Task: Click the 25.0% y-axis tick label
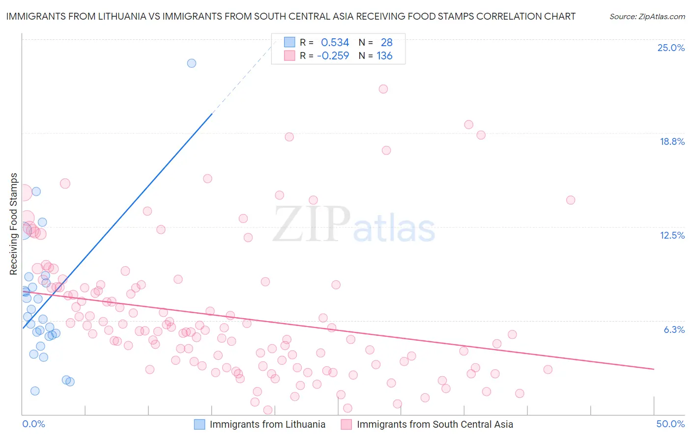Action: (x=671, y=48)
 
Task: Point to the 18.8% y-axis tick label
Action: (x=672, y=141)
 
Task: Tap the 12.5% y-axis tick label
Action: (x=672, y=235)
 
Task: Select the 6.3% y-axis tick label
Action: (x=674, y=329)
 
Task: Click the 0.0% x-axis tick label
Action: (x=33, y=424)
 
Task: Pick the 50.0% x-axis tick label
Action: (x=670, y=424)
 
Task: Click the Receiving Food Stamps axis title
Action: (x=14, y=224)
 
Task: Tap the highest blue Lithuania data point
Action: (x=192, y=63)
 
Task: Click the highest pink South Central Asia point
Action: (x=383, y=89)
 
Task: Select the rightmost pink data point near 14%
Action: (x=571, y=200)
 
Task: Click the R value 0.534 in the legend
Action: (x=335, y=43)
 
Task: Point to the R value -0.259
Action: (x=333, y=56)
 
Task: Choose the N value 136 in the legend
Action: (x=384, y=56)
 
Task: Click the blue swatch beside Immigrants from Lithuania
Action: (x=199, y=424)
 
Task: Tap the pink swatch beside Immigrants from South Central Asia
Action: (x=346, y=424)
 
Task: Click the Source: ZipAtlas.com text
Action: (x=647, y=17)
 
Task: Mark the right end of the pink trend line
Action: (x=654, y=369)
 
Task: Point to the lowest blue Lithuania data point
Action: (x=35, y=391)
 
